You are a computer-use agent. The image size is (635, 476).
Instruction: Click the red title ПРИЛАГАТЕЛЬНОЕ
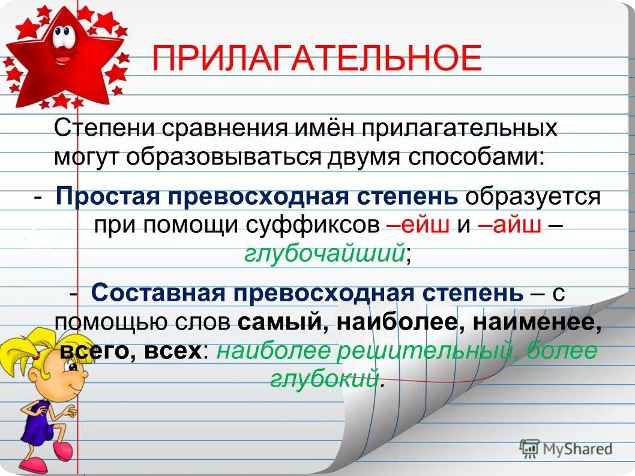pos(316,58)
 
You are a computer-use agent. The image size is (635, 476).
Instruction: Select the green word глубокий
pos(324,379)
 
